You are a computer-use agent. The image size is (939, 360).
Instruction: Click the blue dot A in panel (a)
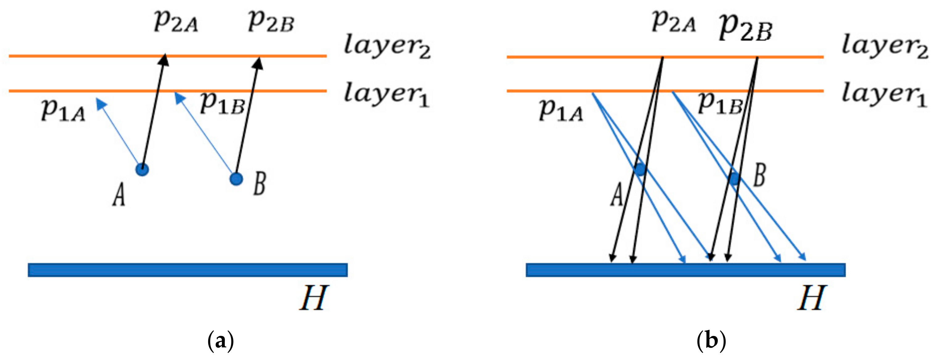142,170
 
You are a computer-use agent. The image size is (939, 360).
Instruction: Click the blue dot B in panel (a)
236,178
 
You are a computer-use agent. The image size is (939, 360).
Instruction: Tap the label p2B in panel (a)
271,22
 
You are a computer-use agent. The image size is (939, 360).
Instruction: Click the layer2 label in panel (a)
387,47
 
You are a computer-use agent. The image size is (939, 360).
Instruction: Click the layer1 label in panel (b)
885,95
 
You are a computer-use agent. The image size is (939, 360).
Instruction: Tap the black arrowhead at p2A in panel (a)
164,59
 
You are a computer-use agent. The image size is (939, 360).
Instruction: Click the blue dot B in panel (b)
734,178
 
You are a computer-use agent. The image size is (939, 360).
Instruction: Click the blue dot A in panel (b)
640,170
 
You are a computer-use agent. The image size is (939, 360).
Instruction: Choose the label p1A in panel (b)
561,109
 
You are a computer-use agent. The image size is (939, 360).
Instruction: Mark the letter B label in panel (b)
759,176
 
